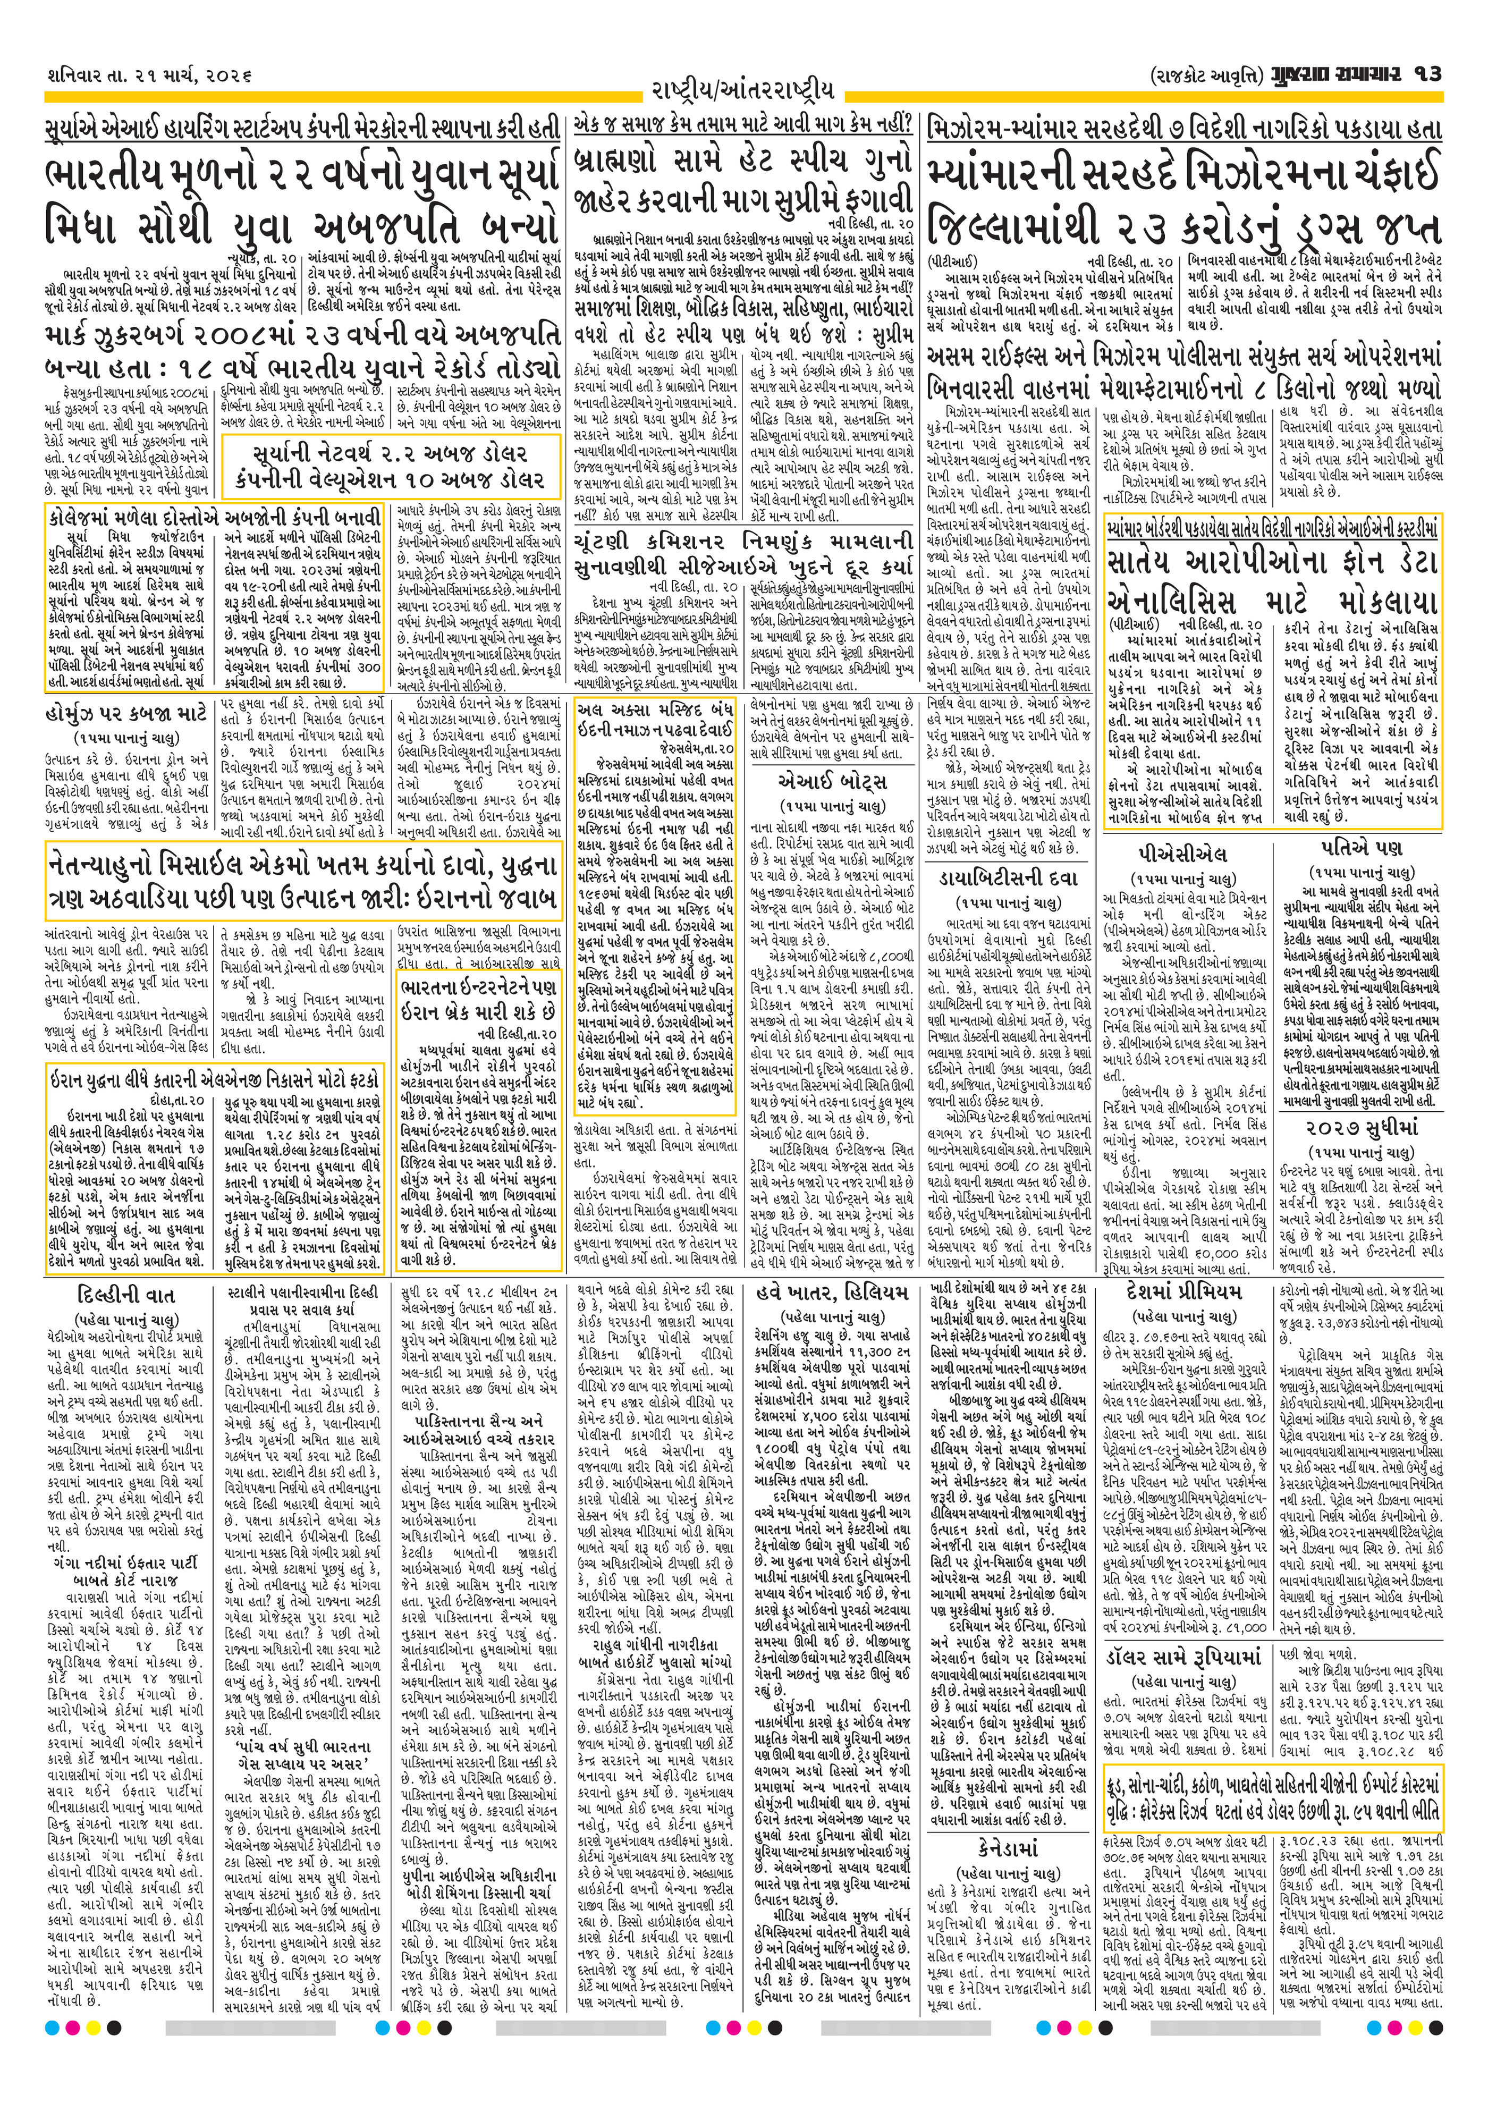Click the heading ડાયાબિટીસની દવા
[x=1009, y=880]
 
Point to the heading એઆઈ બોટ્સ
[x=831, y=783]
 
